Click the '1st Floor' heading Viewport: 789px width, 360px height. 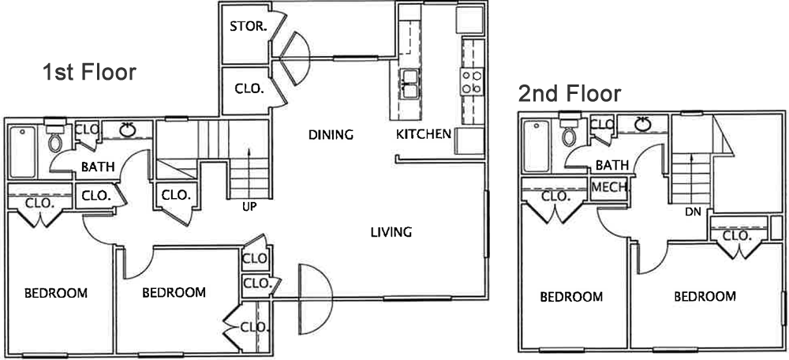pos(89,73)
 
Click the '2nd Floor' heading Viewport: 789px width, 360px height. pos(570,94)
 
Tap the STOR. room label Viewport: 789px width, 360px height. pos(248,27)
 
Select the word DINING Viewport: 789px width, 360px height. pos(331,135)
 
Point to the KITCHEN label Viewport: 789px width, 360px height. pos(424,134)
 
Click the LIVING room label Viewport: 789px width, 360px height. pos(391,232)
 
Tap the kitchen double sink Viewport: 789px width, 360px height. pos(410,84)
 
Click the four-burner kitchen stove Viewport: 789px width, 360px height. pos(472,81)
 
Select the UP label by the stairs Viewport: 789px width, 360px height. pos(249,206)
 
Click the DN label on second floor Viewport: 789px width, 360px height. pos(693,212)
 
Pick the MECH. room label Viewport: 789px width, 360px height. pos(609,187)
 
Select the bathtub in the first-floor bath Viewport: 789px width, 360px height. pos(23,152)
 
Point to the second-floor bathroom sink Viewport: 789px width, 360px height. pos(642,124)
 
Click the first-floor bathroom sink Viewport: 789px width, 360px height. pos(128,130)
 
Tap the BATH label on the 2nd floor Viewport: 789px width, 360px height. pos(612,165)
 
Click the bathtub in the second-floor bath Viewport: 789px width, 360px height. pos(537,146)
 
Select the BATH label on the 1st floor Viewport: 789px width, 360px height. pos(98,167)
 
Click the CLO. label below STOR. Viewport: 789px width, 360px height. pos(249,89)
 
